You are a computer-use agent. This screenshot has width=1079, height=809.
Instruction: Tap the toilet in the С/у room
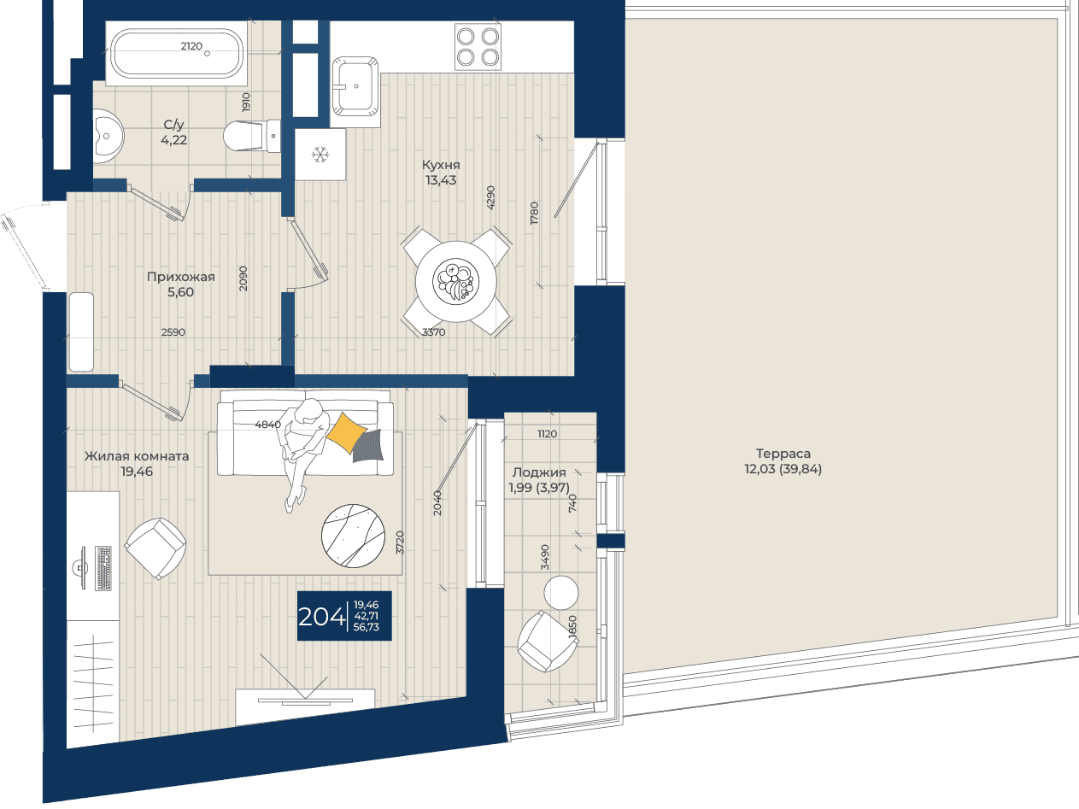pyautogui.click(x=252, y=136)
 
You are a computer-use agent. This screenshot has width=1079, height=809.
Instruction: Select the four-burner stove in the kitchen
pyautogui.click(x=478, y=47)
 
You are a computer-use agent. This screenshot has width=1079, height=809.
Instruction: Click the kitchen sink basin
pyautogui.click(x=355, y=86)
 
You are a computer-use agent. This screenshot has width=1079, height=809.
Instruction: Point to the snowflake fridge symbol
pyautogui.click(x=320, y=155)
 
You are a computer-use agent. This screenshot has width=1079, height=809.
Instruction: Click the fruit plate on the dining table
pyautogui.click(x=455, y=282)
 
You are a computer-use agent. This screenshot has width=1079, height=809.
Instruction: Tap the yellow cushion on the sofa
pyautogui.click(x=346, y=432)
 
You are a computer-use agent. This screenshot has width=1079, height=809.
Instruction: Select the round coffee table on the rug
pyautogui.click(x=353, y=536)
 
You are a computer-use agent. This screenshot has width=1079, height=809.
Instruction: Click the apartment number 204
pyautogui.click(x=321, y=617)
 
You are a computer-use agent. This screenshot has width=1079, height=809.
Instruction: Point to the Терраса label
pyautogui.click(x=783, y=453)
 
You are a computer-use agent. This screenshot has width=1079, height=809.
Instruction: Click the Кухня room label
pyautogui.click(x=441, y=165)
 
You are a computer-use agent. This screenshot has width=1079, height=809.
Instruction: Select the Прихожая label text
pyautogui.click(x=181, y=277)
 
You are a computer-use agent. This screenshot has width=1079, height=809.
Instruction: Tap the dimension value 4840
pyautogui.click(x=267, y=425)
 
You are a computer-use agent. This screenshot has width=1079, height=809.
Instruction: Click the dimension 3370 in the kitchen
pyautogui.click(x=434, y=332)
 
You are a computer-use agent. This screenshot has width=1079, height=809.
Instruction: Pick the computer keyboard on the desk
pyautogui.click(x=103, y=568)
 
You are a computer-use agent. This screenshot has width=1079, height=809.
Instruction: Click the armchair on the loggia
pyautogui.click(x=548, y=642)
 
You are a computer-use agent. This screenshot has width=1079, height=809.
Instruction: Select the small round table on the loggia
pyautogui.click(x=561, y=593)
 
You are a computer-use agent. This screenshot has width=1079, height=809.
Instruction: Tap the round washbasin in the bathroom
pyautogui.click(x=108, y=136)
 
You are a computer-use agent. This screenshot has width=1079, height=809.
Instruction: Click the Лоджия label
pyautogui.click(x=539, y=472)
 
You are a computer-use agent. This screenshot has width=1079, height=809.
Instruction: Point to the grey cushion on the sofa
pyautogui.click(x=368, y=446)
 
